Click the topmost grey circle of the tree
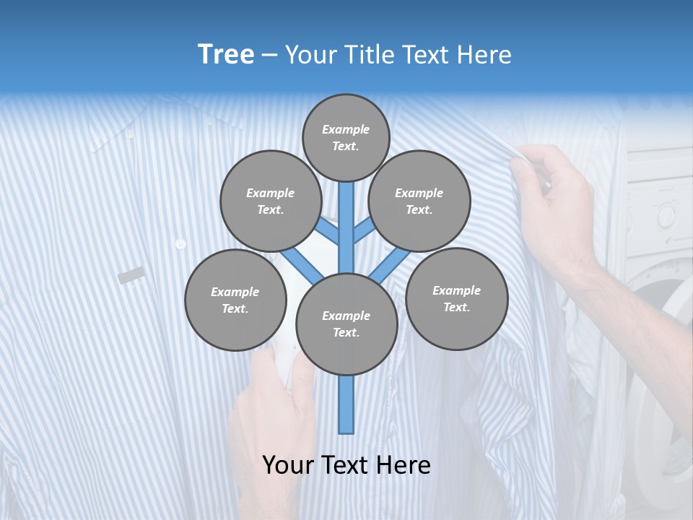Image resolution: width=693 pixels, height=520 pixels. point(346,137)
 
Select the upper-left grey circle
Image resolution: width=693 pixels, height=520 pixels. point(270,201)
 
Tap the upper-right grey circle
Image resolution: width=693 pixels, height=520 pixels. point(419,201)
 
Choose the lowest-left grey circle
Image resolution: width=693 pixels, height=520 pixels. point(235,300)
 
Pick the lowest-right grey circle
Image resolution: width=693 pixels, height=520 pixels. point(456,298)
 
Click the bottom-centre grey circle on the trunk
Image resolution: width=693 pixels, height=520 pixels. point(346,324)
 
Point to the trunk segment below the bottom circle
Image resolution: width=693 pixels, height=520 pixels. point(346,404)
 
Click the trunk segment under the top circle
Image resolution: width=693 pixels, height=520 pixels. point(346,217)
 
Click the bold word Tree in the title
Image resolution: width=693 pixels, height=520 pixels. point(226,54)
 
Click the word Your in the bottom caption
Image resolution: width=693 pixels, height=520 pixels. point(288,464)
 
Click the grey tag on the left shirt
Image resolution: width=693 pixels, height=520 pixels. point(131,274)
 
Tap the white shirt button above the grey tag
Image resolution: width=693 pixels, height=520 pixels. point(180,244)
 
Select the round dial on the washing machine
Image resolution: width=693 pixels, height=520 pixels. point(666,214)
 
